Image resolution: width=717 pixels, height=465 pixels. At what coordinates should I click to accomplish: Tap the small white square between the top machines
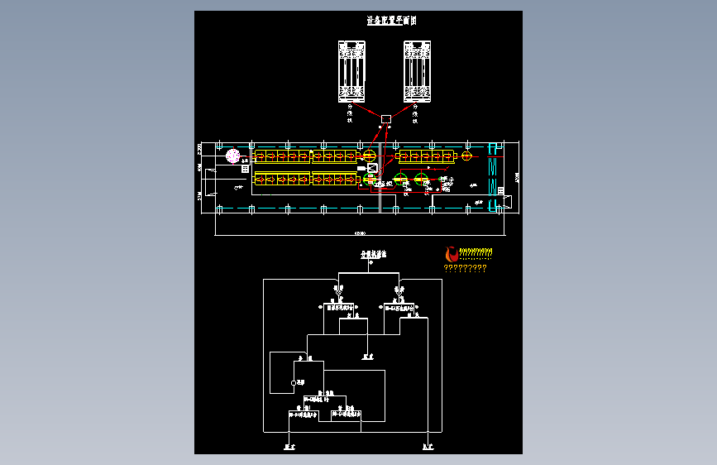[x=385, y=121]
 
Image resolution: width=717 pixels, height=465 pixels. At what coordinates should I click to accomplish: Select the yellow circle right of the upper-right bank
[x=466, y=156]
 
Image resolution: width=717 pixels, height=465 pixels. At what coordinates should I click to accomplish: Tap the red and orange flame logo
[x=451, y=253]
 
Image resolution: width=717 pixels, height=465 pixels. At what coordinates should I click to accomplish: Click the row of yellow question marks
[x=465, y=268]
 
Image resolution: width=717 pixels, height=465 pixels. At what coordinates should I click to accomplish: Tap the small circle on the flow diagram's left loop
[x=293, y=382]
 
